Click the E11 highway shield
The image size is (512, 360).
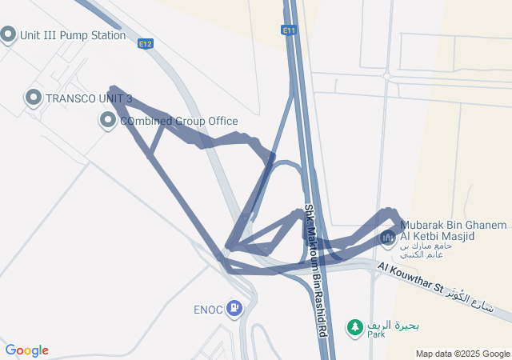[x=289, y=30]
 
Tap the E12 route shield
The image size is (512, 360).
[x=145, y=44]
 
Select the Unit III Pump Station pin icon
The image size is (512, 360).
[x=9, y=34]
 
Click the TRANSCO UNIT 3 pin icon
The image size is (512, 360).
[x=34, y=98]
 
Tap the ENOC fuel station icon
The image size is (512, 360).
[x=234, y=306]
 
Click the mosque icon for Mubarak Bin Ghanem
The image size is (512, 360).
[x=389, y=238]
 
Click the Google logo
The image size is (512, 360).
[x=26, y=350]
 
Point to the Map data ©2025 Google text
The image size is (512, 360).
[x=462, y=354]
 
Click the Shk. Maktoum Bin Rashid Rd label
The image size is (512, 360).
[x=317, y=272]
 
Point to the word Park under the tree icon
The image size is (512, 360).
[x=376, y=334]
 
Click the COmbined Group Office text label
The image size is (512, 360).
[x=178, y=122]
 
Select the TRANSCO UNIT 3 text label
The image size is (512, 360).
[x=89, y=98]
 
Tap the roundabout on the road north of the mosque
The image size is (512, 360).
[x=387, y=76]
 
